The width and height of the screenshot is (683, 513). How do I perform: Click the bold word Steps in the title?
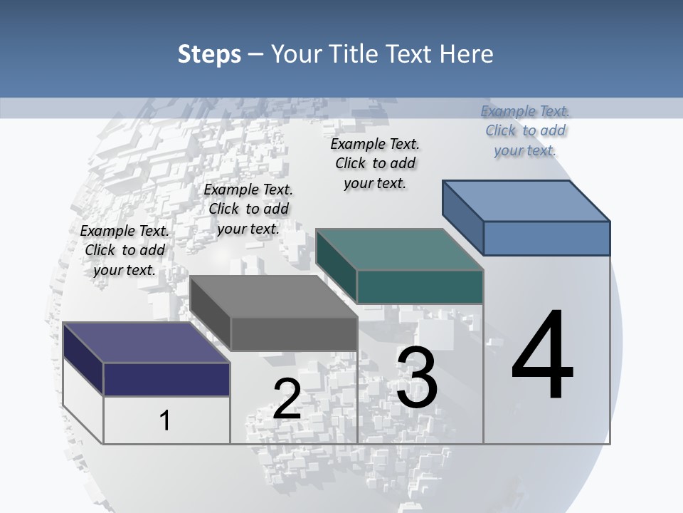point(209,54)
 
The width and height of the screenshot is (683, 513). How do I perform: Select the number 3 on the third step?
point(417,378)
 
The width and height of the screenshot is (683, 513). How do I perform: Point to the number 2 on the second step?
point(287,399)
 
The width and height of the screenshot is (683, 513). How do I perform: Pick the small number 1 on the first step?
point(164,420)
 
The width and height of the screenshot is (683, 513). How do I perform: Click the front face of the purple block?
point(166,379)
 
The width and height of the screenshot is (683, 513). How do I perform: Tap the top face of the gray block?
point(273,296)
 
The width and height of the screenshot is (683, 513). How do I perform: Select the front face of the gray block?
point(294,333)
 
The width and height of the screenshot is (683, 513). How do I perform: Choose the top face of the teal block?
point(399,249)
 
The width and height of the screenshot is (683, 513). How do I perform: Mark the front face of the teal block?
point(420,286)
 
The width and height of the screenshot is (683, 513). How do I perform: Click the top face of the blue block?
point(526,200)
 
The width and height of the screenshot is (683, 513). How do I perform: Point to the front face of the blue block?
point(546,238)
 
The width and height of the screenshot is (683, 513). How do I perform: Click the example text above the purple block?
point(125,250)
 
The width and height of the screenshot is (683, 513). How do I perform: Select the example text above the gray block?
point(248,209)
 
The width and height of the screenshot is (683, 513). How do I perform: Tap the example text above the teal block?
point(375,163)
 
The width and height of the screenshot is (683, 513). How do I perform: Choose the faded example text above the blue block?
point(525,130)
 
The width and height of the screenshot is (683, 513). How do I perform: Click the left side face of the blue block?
point(462,214)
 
